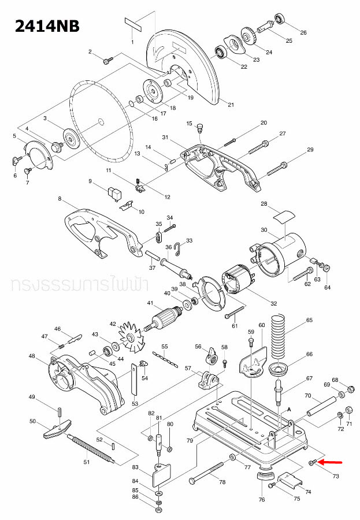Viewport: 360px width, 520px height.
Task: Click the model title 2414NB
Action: (40, 26)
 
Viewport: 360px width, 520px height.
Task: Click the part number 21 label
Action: (231, 105)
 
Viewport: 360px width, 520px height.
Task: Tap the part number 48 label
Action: (32, 356)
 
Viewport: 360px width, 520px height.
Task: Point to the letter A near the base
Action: (288, 408)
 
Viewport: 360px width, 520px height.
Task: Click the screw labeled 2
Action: (107, 60)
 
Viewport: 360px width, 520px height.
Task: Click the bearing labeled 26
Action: (281, 19)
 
